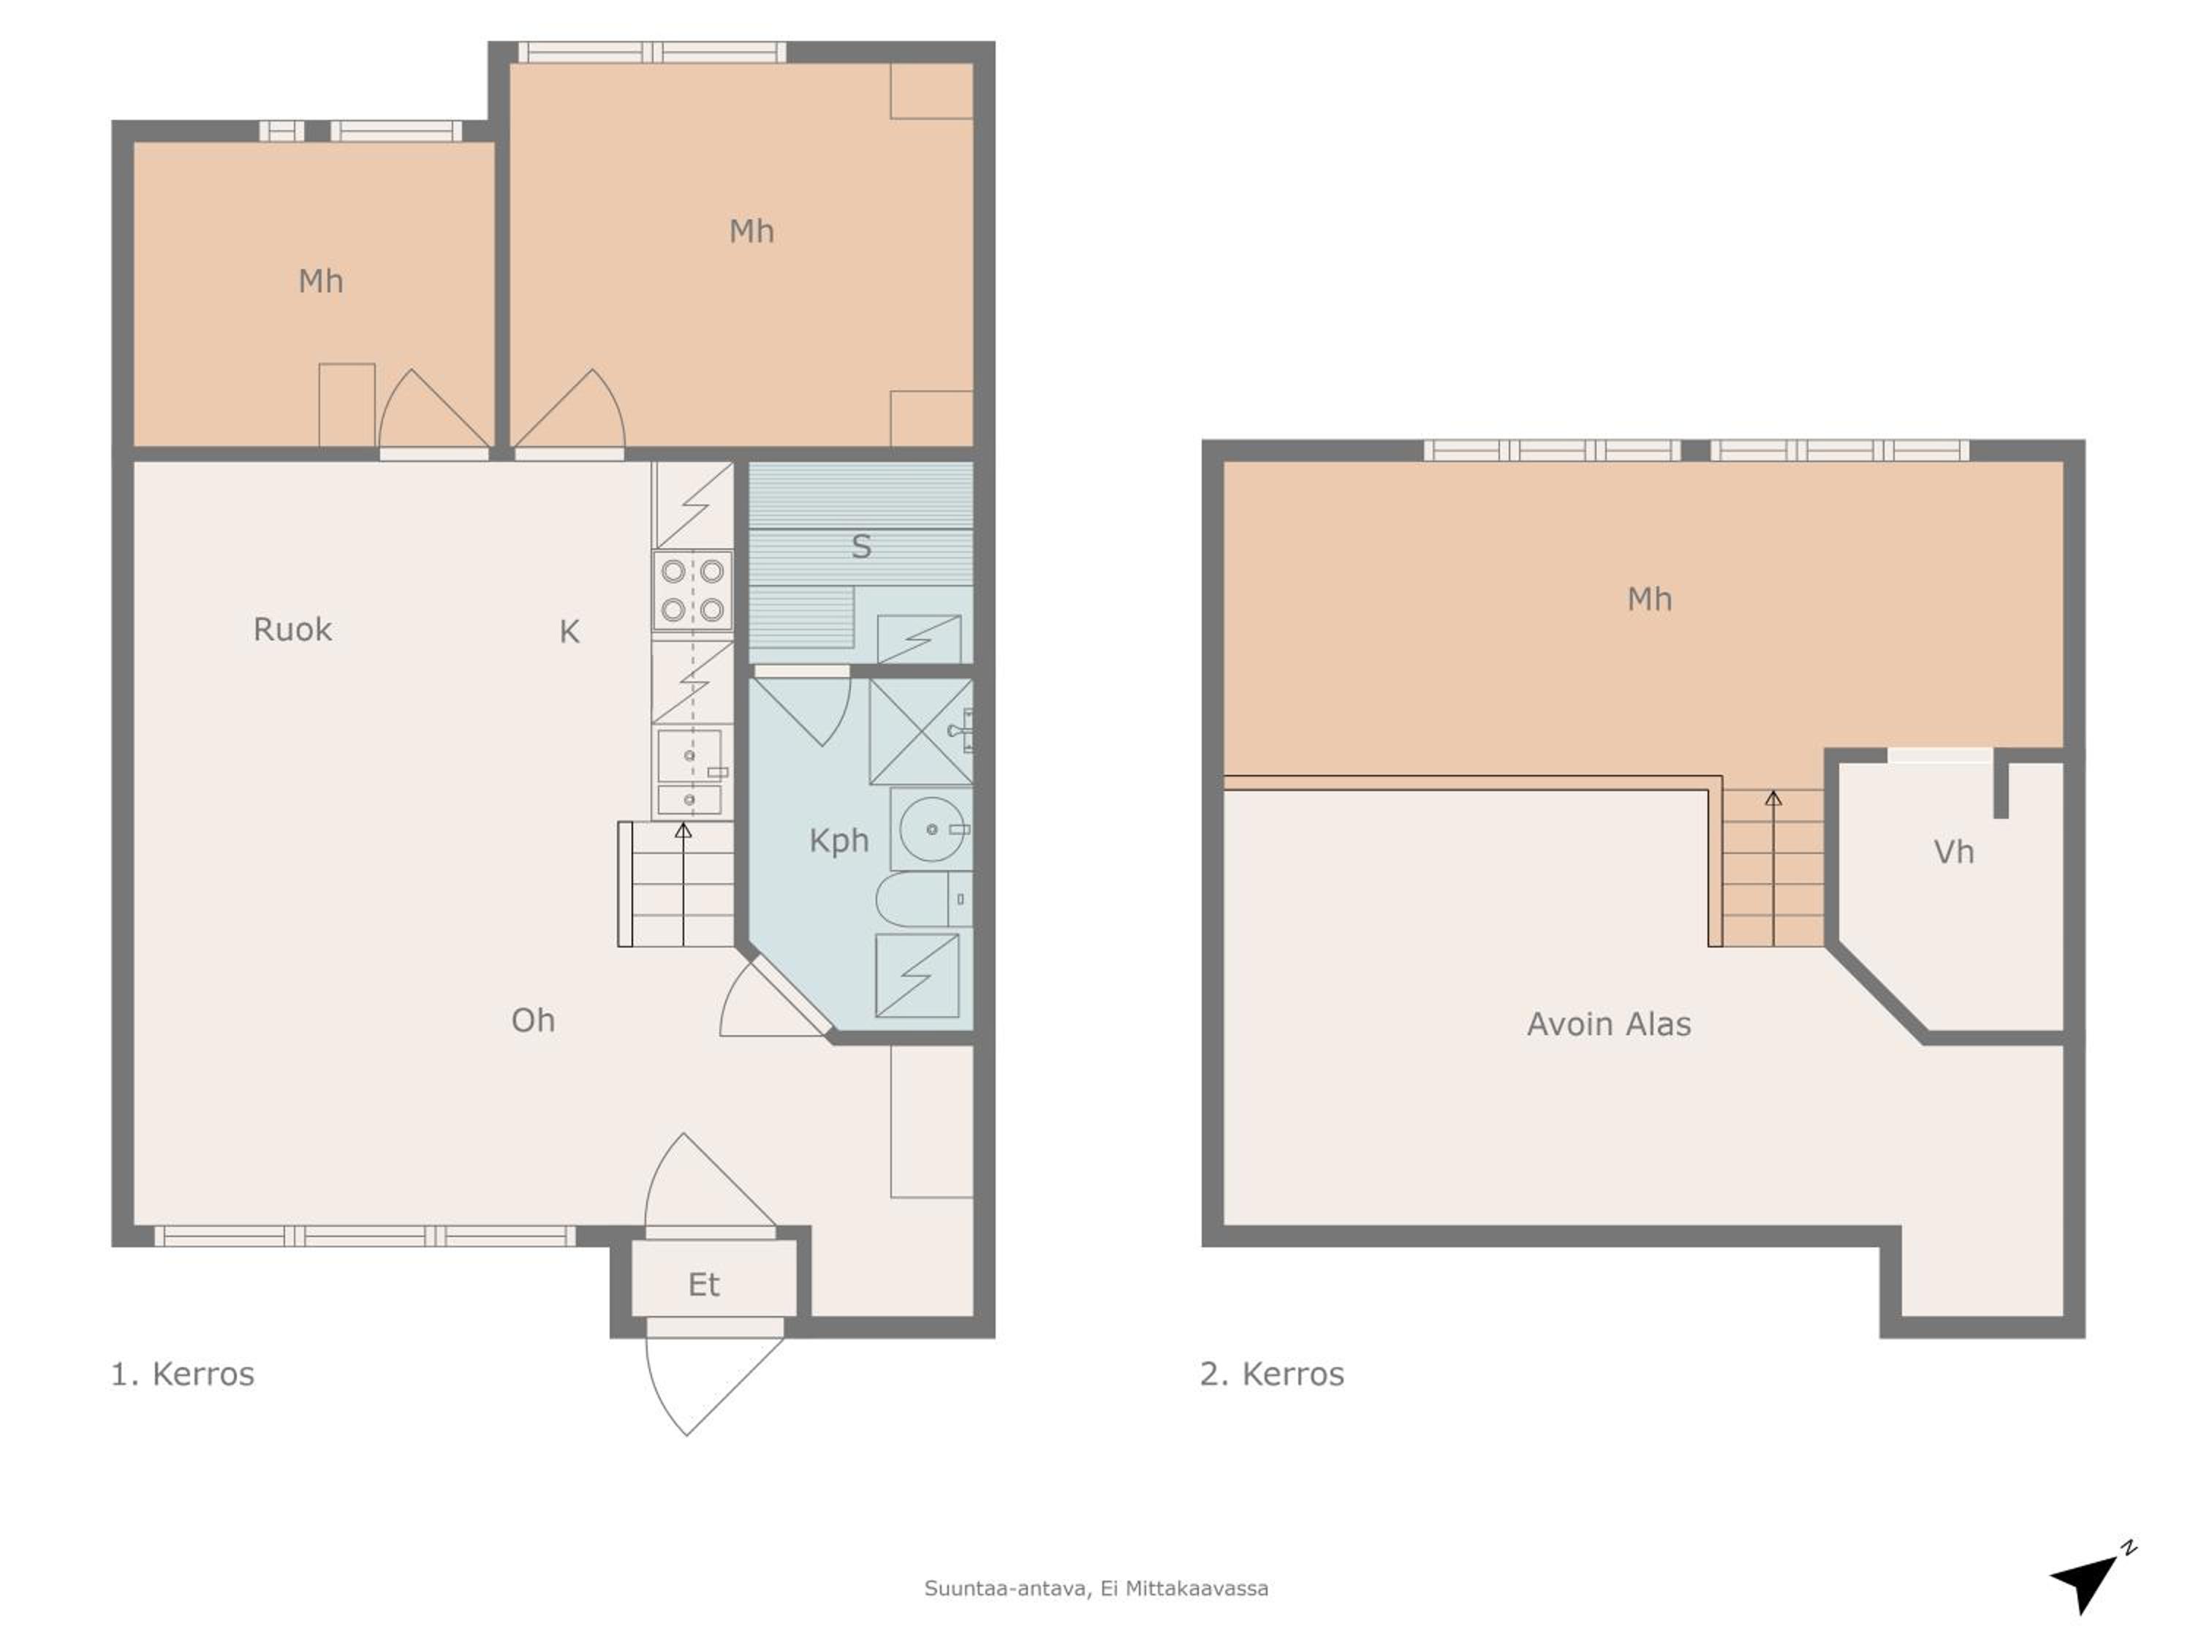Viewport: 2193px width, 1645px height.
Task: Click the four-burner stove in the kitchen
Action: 692,590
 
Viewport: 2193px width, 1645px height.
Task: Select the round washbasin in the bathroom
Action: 931,829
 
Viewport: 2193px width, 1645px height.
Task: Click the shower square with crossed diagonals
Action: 921,731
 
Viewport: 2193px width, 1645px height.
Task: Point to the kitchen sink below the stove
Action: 690,771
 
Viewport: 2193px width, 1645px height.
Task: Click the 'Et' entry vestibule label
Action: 704,1285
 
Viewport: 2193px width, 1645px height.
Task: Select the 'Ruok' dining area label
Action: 292,629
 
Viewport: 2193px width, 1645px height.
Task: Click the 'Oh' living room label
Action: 534,1021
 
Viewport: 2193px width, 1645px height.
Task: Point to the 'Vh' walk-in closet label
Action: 1954,852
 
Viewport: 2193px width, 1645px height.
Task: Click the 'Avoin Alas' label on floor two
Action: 1609,1024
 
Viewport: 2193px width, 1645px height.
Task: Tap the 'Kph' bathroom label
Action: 838,841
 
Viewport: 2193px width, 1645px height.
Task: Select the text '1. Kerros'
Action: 183,1374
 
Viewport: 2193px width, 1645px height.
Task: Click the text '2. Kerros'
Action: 1272,1374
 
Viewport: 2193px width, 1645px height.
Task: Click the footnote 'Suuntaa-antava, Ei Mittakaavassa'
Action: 1096,1589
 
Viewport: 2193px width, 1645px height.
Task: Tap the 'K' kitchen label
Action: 569,632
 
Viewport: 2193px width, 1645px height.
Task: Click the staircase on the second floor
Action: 1773,868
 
